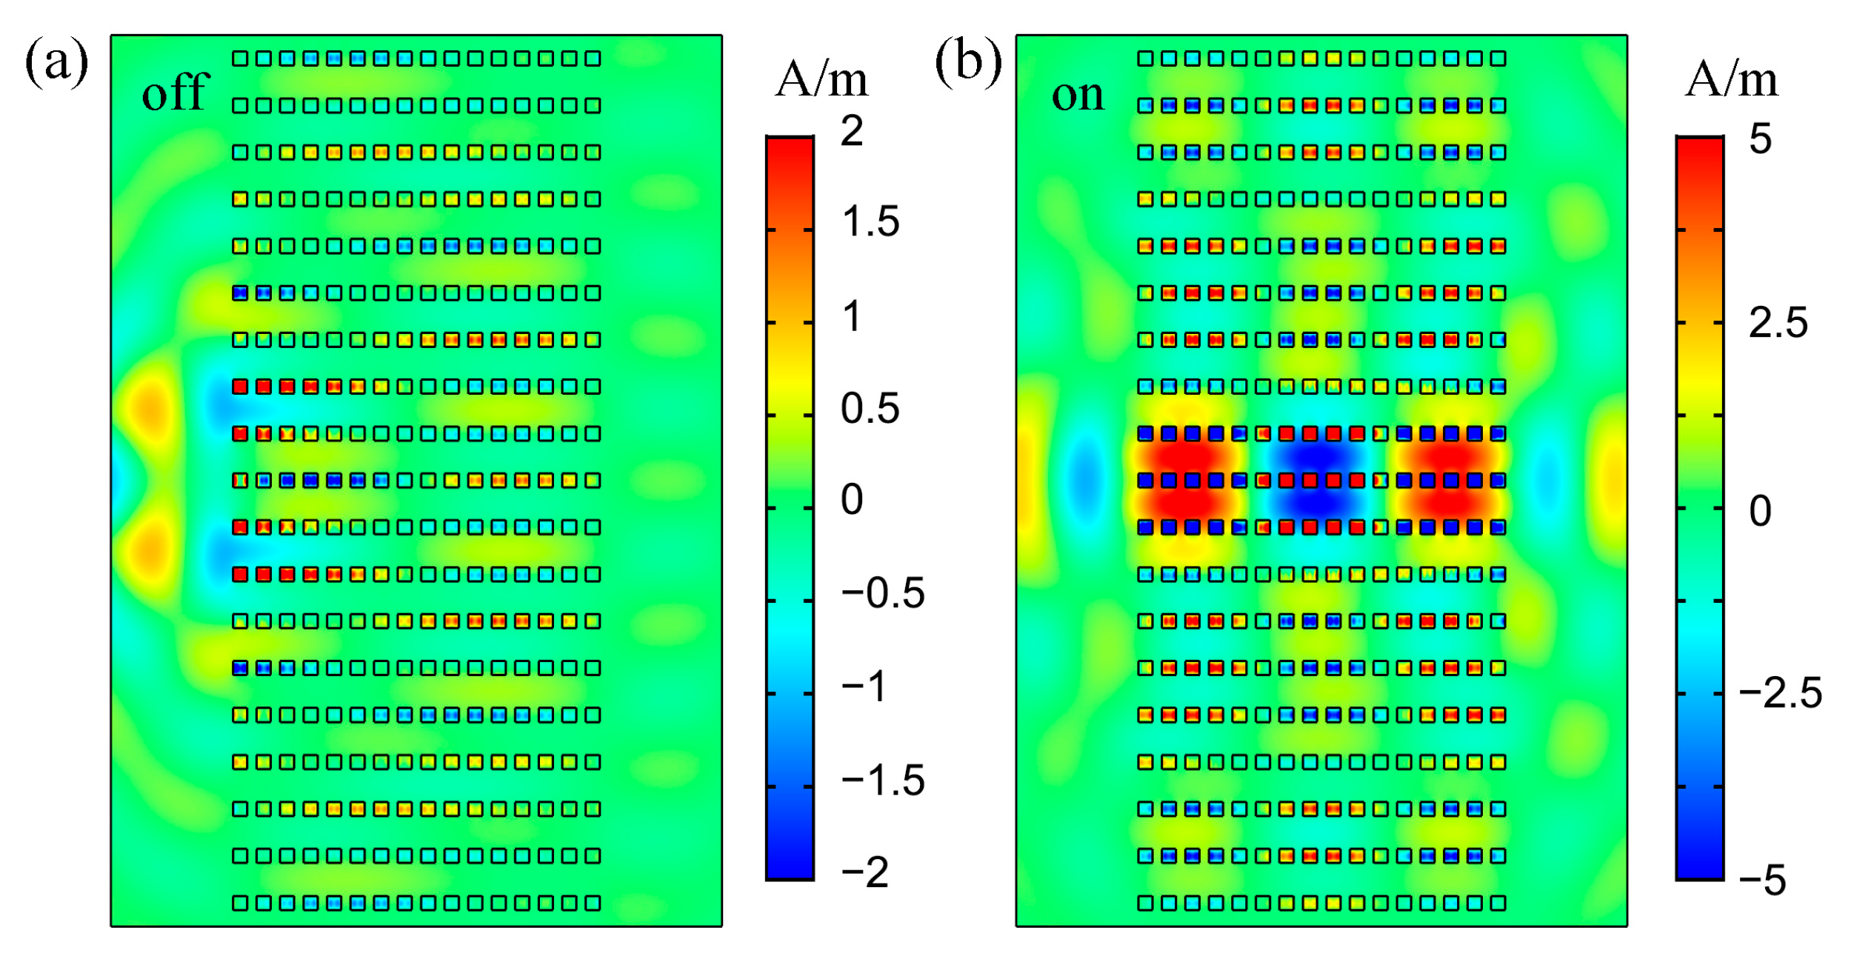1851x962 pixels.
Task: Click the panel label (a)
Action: (x=56, y=62)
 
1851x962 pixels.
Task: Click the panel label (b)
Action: (x=967, y=62)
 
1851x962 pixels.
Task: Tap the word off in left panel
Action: (x=176, y=94)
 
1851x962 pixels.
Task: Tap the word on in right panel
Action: (x=1077, y=95)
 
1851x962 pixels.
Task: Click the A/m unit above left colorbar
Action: (x=821, y=79)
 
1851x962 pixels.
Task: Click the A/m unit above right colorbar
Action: (x=1730, y=79)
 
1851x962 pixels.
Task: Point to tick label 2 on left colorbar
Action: (x=851, y=132)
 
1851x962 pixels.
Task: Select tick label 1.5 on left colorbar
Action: (x=870, y=221)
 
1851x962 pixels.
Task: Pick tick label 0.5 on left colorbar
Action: (x=870, y=408)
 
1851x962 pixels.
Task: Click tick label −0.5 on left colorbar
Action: (x=882, y=592)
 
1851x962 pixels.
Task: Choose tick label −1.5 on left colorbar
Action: (x=882, y=780)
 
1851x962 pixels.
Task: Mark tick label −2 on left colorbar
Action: (x=864, y=872)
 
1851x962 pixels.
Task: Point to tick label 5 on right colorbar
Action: (x=1760, y=138)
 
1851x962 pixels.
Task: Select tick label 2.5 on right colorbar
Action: (x=1778, y=323)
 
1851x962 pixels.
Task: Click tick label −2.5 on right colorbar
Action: (x=1779, y=693)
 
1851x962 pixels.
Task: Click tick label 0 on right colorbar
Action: (x=1760, y=511)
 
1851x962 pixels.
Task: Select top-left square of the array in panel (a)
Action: (x=240, y=59)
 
